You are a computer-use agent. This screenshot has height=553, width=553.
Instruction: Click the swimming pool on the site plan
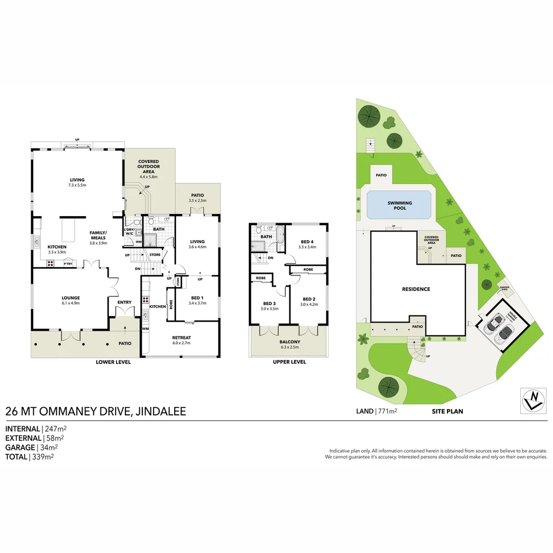[x=400, y=206]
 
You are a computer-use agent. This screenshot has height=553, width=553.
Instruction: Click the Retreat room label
[x=181, y=338]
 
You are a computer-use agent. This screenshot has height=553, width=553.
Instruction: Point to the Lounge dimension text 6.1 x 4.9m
[x=71, y=303]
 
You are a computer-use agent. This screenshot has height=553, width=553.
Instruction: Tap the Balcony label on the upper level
[x=289, y=342]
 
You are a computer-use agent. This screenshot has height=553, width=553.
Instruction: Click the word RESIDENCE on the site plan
[x=415, y=289]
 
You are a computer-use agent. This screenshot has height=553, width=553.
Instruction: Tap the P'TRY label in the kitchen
[x=68, y=264]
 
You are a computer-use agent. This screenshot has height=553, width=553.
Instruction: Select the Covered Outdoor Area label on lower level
[x=148, y=166]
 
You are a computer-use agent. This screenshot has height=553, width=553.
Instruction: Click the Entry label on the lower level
[x=124, y=303]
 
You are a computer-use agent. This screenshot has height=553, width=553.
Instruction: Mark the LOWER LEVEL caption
[x=114, y=362]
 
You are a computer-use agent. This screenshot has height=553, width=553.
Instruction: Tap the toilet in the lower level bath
[x=152, y=222]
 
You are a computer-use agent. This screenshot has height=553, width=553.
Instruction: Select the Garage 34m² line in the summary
[x=29, y=448]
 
